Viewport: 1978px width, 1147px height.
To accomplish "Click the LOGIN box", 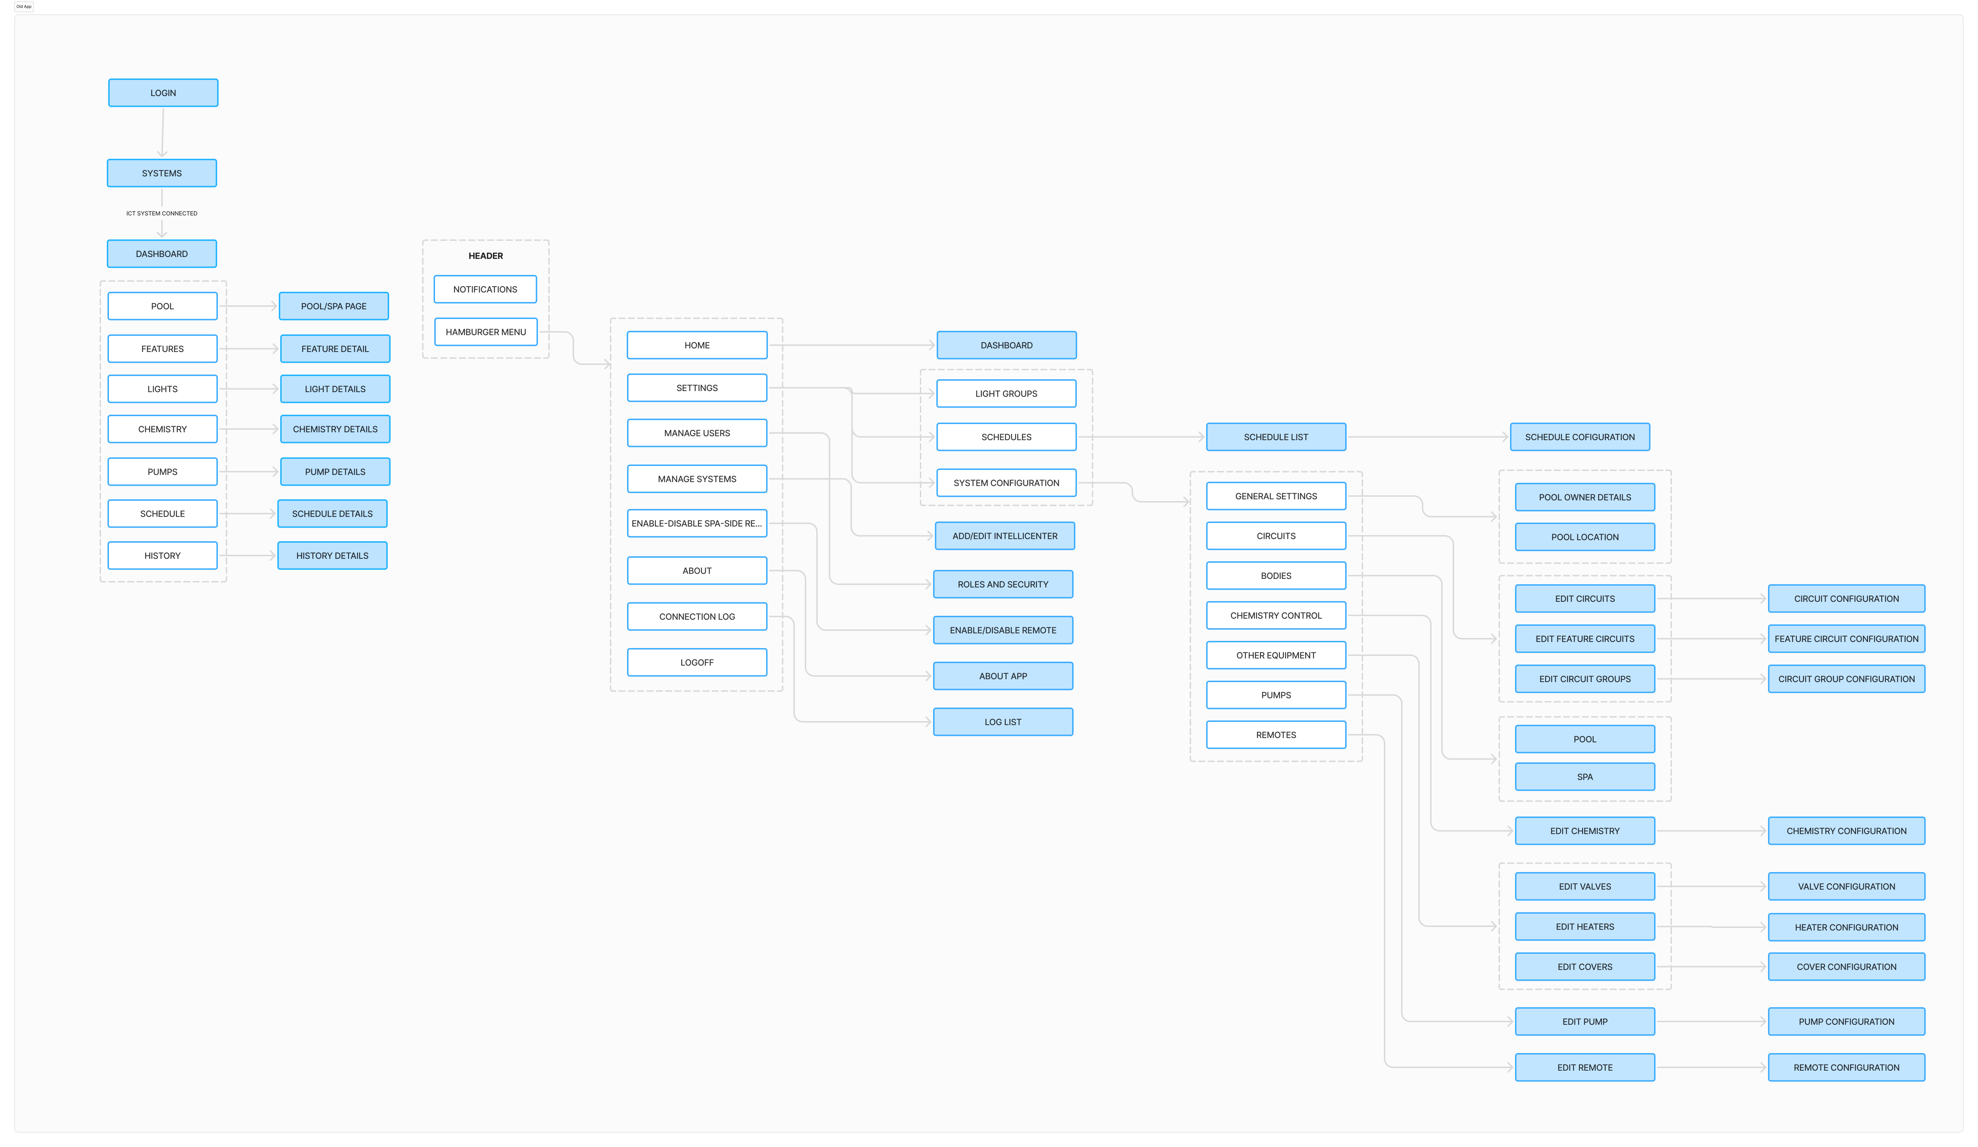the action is (163, 92).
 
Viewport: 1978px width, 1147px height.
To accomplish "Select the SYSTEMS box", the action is (162, 173).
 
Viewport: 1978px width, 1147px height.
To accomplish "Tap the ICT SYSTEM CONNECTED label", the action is (162, 214).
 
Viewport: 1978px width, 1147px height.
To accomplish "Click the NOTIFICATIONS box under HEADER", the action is (485, 289).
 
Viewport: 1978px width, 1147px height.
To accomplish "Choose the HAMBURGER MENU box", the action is (486, 332).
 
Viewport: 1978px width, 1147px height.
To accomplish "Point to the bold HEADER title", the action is (486, 256).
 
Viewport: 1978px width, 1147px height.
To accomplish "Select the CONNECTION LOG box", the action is (697, 616).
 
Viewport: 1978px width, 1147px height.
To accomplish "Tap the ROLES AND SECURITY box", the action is (1003, 584).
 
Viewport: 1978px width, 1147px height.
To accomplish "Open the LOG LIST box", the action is (1003, 722).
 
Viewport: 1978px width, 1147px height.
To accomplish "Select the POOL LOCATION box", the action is (1585, 537).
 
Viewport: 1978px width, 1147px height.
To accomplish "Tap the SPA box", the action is (1585, 776).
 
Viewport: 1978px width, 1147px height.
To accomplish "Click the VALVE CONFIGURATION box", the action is (1846, 886).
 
